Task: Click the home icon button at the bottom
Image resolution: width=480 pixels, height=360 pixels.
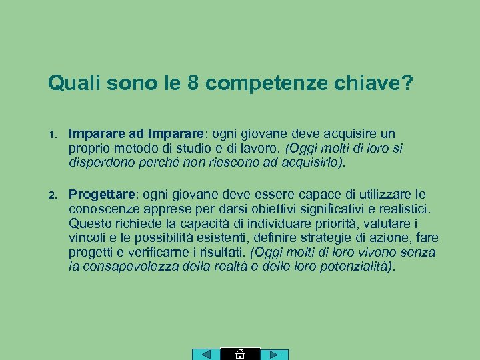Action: tap(240, 354)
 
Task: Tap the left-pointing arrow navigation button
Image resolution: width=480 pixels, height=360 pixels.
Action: tap(206, 355)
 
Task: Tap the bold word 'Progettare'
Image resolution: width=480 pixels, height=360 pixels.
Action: tap(102, 194)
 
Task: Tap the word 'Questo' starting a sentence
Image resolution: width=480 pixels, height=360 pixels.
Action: tap(91, 223)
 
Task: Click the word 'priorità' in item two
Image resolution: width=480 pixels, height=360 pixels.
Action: tap(333, 223)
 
